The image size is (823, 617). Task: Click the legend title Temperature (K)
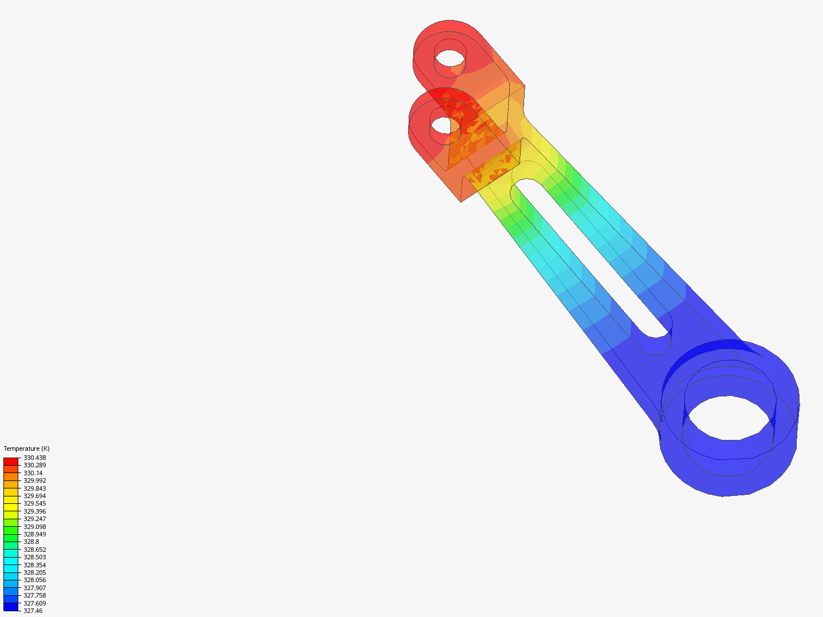click(x=26, y=448)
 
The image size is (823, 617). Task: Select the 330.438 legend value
click(x=34, y=458)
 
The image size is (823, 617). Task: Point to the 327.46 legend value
click(x=33, y=611)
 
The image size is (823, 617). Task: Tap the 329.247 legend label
click(x=34, y=519)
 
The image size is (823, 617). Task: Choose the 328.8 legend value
click(x=31, y=542)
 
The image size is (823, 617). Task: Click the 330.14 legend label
click(x=33, y=473)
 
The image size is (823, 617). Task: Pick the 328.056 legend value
click(x=34, y=580)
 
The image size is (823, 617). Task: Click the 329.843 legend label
click(x=34, y=488)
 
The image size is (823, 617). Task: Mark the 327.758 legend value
click(x=34, y=595)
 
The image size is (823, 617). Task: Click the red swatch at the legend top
click(x=11, y=461)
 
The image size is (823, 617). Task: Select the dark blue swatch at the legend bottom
click(x=11, y=607)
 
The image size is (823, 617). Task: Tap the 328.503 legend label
click(x=34, y=557)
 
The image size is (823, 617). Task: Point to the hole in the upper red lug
click(x=450, y=57)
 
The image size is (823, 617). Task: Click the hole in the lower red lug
click(x=441, y=124)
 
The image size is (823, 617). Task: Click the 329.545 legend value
click(x=34, y=503)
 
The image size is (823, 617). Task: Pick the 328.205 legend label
click(x=34, y=572)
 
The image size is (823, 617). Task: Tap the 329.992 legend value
click(x=34, y=480)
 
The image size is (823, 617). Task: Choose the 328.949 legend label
click(x=34, y=534)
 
